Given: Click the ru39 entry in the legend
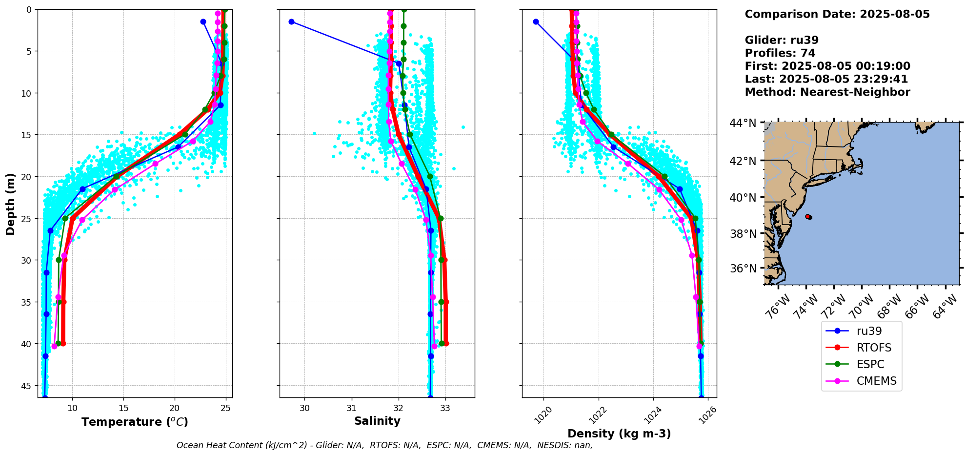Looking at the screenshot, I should [868, 331].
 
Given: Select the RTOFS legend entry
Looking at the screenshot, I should [873, 348].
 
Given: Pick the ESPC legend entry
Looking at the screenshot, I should [870, 364].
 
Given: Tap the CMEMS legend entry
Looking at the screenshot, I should [876, 381].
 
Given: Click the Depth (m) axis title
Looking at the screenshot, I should [10, 204].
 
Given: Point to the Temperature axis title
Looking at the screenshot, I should [135, 422].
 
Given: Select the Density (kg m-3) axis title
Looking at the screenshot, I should [619, 434].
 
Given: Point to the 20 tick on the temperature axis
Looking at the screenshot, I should [175, 408].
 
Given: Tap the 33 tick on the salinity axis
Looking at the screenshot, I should [445, 408].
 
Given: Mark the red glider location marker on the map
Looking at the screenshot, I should [808, 216].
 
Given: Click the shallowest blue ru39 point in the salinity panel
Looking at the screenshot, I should [291, 21].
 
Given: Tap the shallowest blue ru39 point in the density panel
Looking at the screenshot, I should [536, 21].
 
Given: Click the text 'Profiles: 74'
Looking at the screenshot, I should [780, 53].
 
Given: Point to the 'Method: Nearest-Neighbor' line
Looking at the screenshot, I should [827, 92].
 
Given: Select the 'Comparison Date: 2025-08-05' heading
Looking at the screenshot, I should [837, 14].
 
